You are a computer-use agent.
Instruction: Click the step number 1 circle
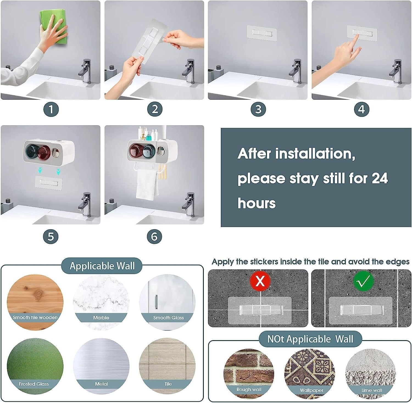click(x=51, y=110)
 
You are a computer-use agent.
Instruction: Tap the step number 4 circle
click(x=361, y=110)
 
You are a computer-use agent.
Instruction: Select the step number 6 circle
click(x=154, y=236)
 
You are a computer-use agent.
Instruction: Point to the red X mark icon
click(x=260, y=281)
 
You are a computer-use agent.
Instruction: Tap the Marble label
click(x=101, y=318)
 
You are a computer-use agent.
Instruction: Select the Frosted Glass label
click(x=34, y=384)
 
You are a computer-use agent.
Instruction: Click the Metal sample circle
click(x=101, y=366)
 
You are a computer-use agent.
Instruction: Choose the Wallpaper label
click(x=311, y=390)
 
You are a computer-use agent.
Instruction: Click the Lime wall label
click(x=372, y=390)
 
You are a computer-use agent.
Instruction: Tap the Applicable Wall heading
click(x=102, y=266)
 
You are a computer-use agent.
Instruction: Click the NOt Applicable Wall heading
click(x=310, y=339)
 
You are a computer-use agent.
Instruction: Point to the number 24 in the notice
click(x=380, y=178)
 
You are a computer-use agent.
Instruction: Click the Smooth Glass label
click(x=168, y=318)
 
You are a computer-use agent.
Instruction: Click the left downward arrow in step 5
click(x=40, y=171)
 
